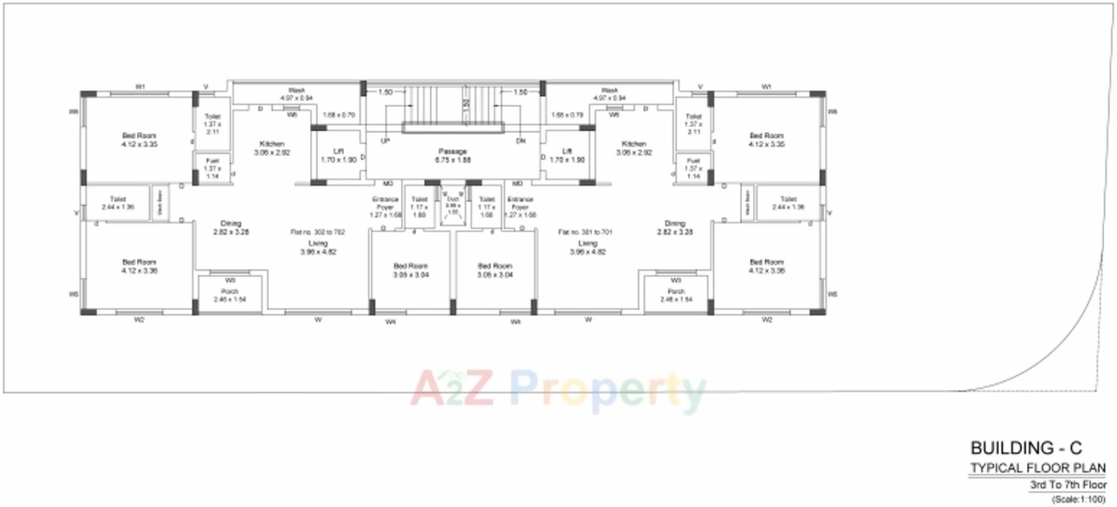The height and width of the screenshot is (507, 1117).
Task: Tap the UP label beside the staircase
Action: [385, 141]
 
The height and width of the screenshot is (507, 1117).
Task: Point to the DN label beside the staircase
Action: [520, 141]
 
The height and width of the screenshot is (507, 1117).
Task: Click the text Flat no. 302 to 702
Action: [317, 232]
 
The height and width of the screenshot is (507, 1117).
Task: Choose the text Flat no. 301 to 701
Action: [584, 232]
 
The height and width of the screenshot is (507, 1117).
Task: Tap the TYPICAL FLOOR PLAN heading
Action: [1038, 468]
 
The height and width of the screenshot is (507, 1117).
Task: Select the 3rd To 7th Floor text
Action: [1068, 485]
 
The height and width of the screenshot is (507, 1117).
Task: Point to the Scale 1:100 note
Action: [1078, 499]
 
